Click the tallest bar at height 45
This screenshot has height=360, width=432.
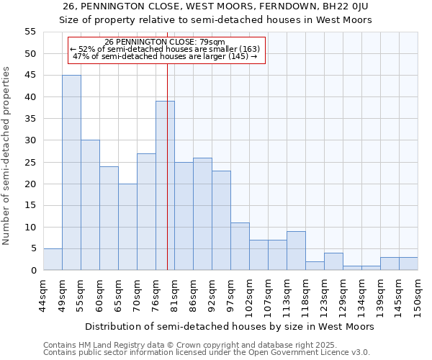point(71,173)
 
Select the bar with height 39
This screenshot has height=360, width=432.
point(165,186)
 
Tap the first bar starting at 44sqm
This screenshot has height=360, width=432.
point(53,259)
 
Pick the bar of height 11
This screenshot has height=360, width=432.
point(240,246)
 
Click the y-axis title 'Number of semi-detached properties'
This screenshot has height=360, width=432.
point(6,156)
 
